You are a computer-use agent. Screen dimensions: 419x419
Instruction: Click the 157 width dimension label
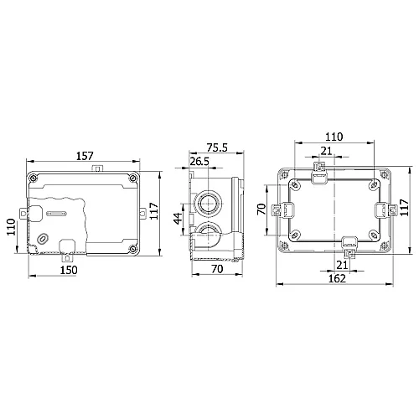(x=85, y=156)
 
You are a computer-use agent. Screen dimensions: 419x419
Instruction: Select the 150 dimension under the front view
(x=69, y=270)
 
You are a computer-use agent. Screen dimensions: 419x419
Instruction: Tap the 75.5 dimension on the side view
(x=217, y=147)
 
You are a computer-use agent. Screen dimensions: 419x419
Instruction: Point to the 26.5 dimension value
(x=199, y=162)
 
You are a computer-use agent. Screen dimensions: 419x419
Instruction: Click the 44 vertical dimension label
(x=178, y=219)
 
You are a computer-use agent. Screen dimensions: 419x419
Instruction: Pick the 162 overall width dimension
(x=337, y=278)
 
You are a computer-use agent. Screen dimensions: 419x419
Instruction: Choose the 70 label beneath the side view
(x=217, y=269)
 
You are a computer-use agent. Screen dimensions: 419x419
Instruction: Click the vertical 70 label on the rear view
(x=261, y=209)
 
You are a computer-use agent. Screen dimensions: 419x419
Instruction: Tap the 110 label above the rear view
(x=334, y=137)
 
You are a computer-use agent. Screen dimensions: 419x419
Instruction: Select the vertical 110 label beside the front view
(x=11, y=227)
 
